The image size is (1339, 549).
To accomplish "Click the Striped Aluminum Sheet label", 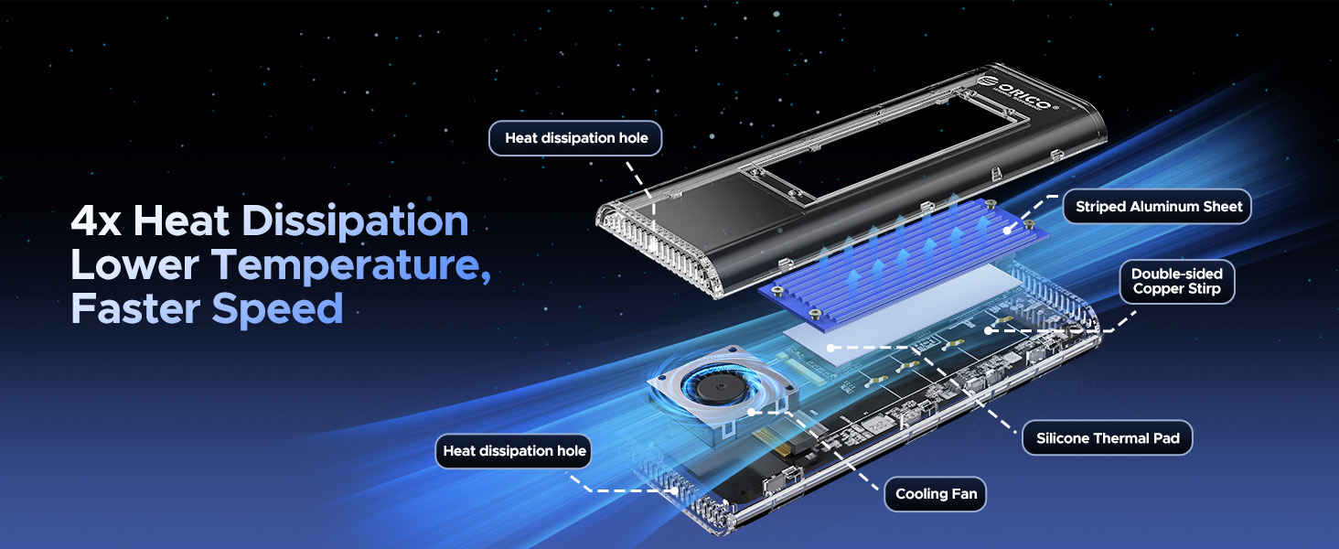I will (1159, 207).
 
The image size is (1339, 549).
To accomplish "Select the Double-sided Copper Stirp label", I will (1176, 282).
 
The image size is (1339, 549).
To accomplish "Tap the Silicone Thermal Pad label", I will (1108, 438).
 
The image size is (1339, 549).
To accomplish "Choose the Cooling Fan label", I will (936, 494).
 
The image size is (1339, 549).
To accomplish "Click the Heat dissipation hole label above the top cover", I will (575, 138).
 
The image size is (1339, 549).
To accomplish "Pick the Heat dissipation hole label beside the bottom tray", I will (514, 451).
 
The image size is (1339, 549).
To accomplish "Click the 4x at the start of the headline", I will (96, 222).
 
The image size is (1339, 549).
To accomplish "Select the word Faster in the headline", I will (136, 308).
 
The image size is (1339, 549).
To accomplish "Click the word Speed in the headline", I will (278, 309).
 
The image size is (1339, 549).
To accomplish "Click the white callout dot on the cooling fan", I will (751, 413).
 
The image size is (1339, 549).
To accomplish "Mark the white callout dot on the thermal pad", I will (829, 348).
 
